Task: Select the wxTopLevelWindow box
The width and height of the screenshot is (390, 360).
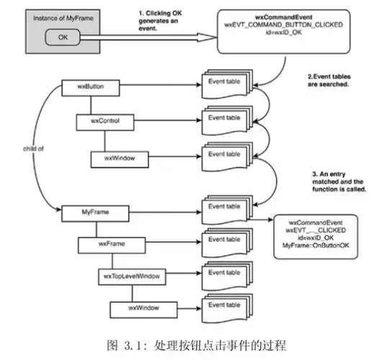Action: point(132,276)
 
